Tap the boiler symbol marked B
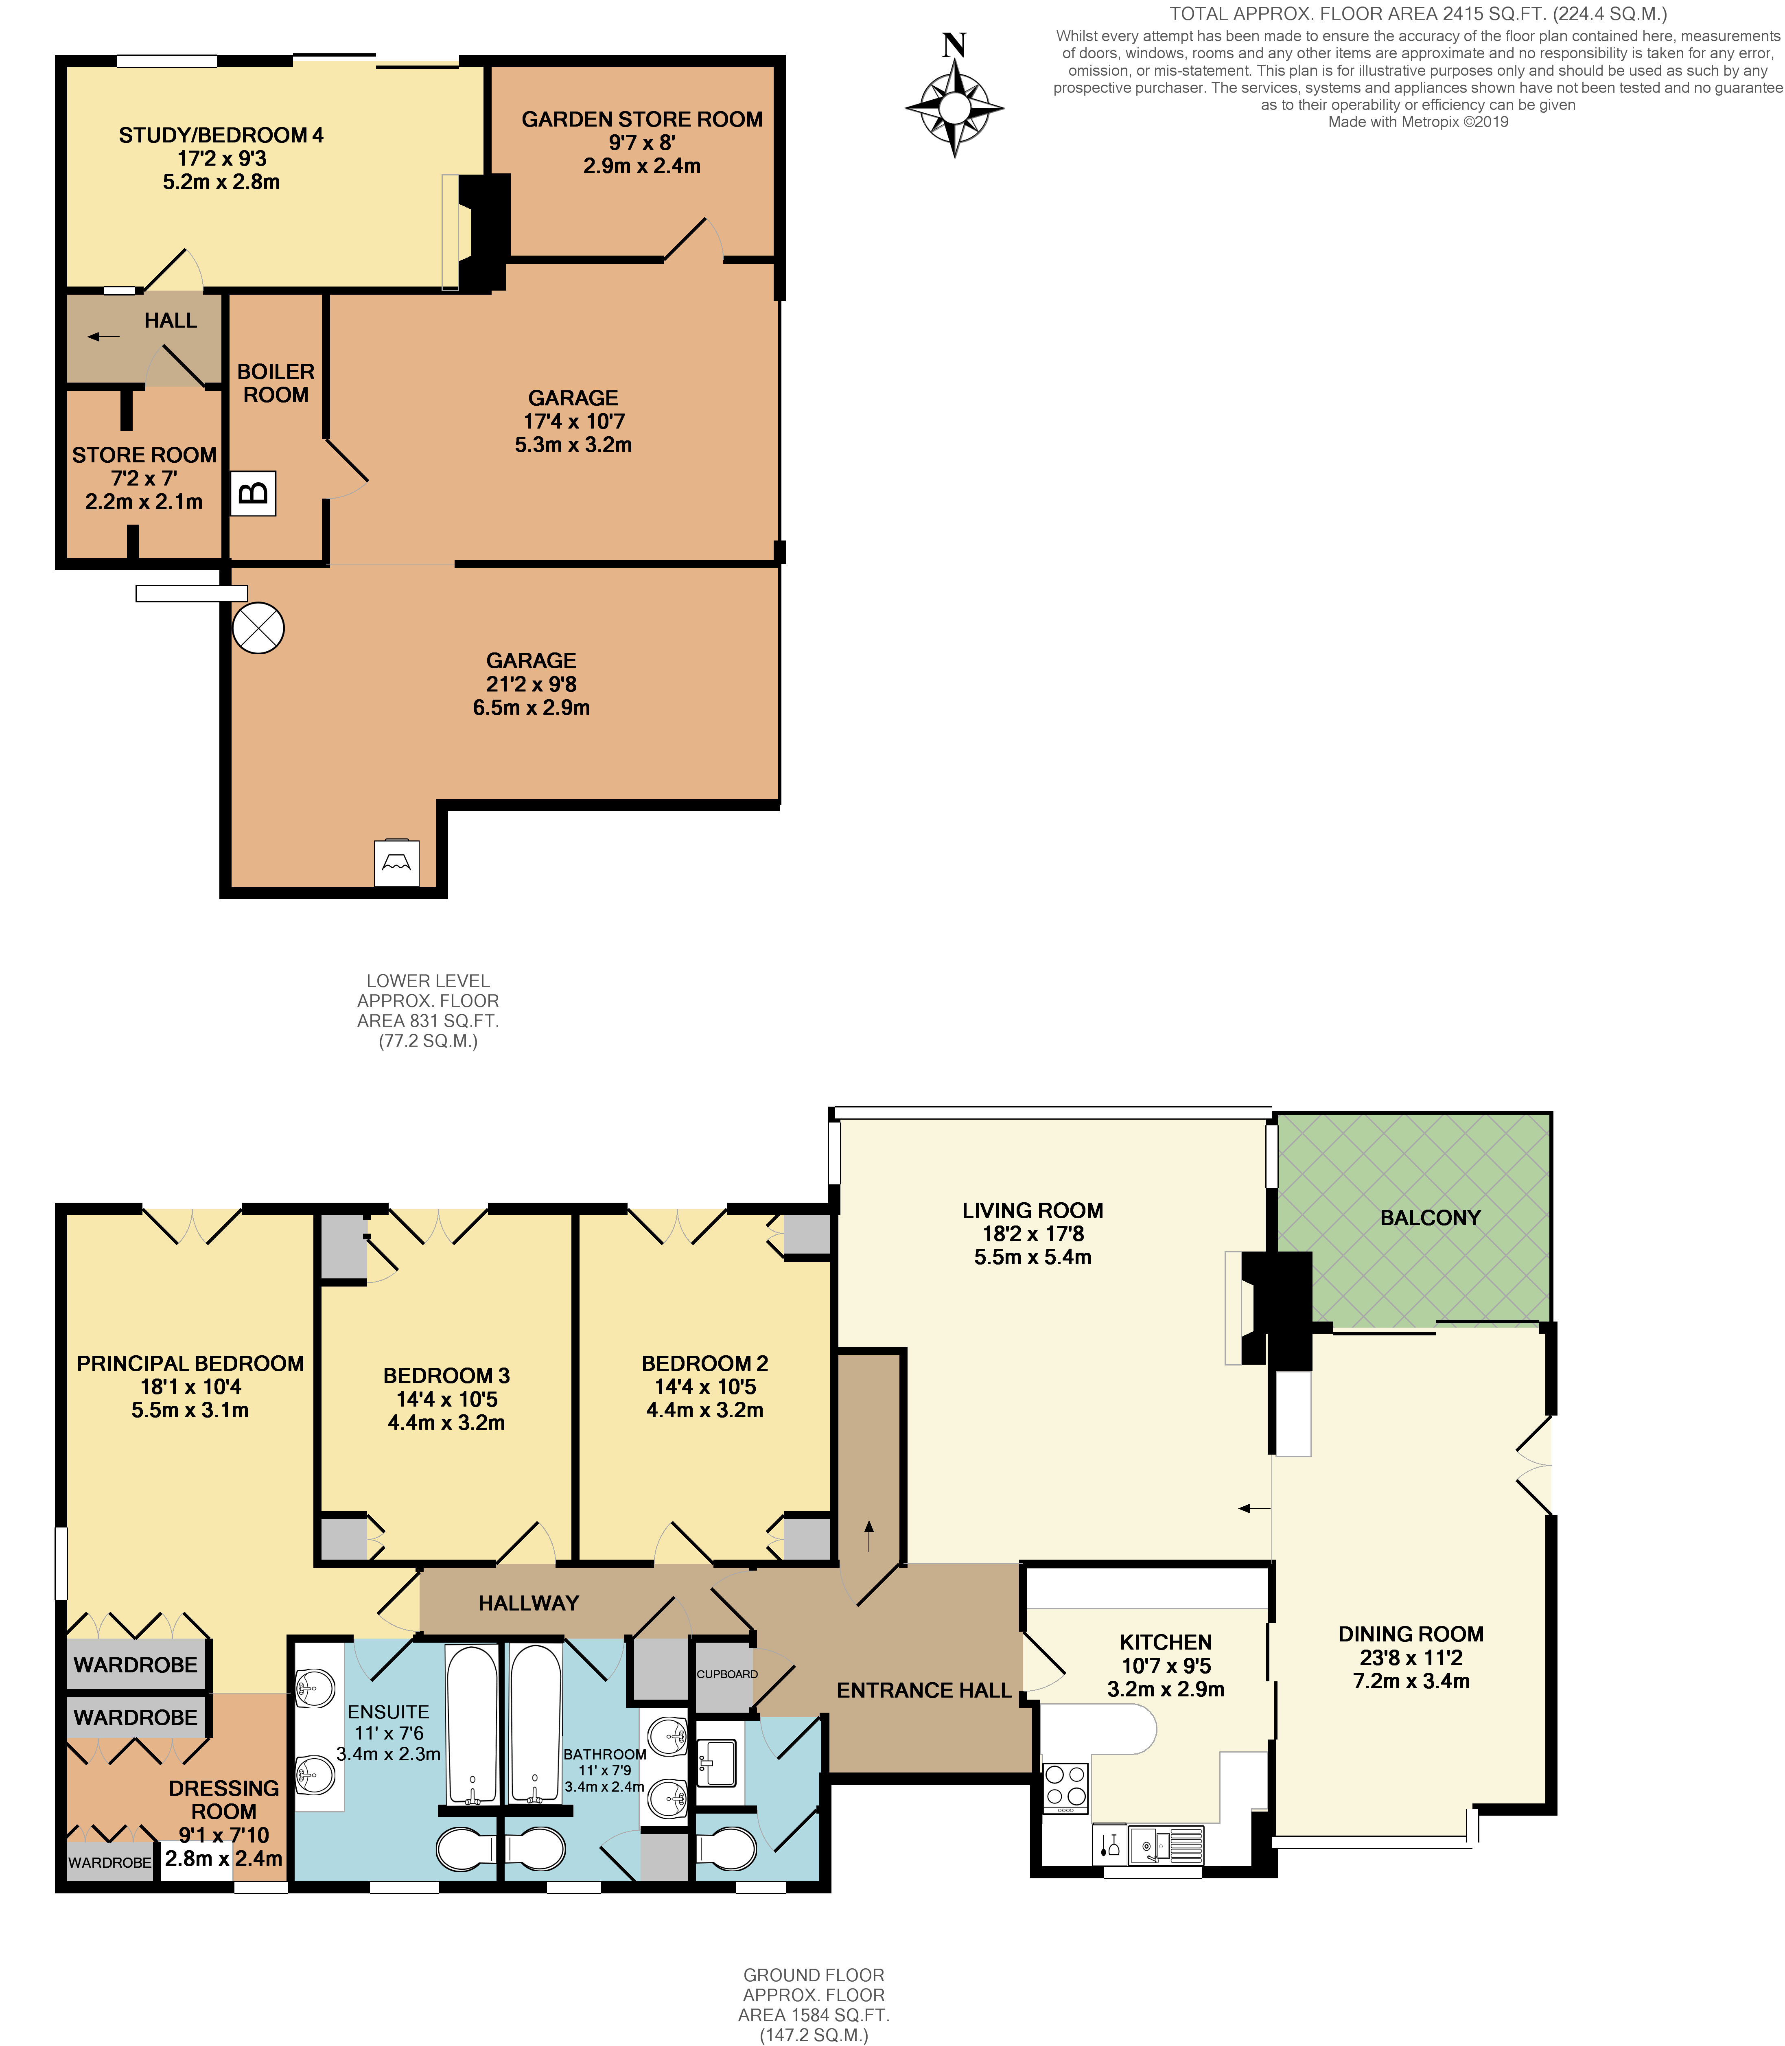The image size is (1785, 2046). (253, 493)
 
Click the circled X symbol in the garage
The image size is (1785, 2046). (258, 628)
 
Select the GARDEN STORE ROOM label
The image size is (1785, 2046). (641, 120)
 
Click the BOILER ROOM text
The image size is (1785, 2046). (276, 383)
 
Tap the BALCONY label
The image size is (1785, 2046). (1429, 1217)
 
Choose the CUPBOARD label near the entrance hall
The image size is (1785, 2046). (727, 1674)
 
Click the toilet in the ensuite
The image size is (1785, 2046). (466, 1849)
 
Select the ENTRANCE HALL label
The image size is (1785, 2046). (923, 1690)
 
